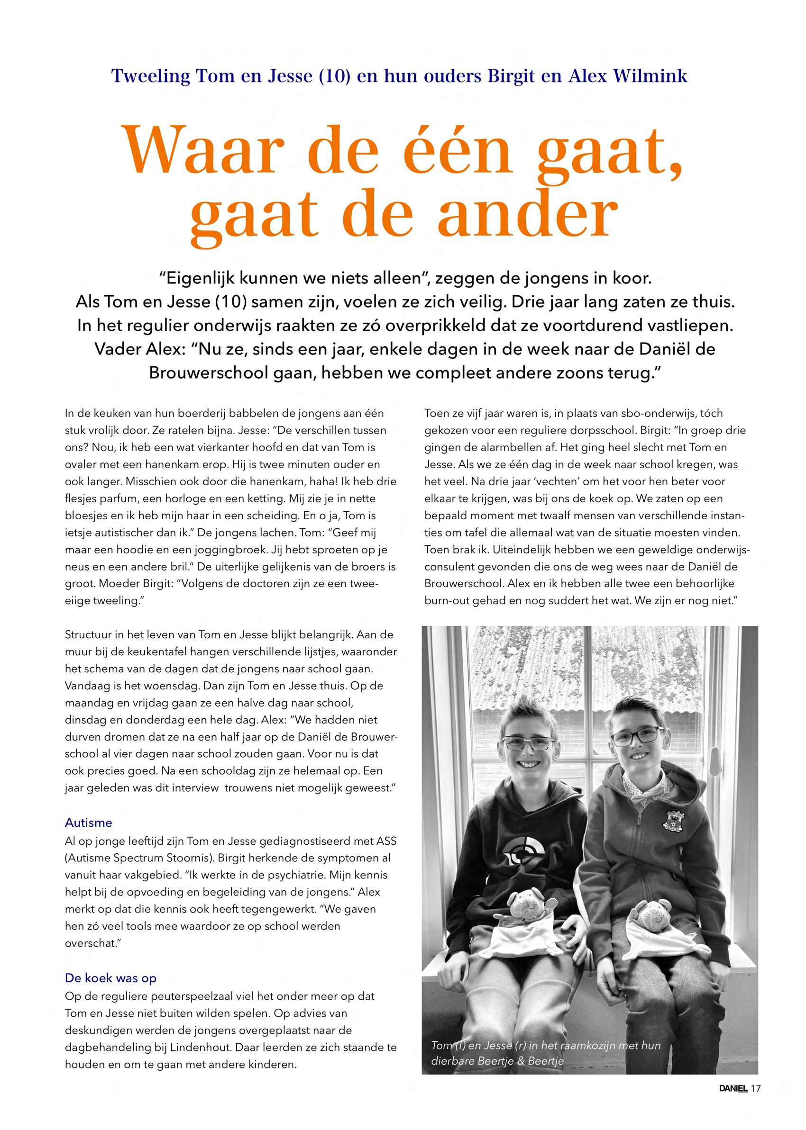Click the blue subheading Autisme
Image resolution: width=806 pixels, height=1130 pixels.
coord(88,823)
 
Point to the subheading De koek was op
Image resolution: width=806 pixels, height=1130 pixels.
coord(110,978)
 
